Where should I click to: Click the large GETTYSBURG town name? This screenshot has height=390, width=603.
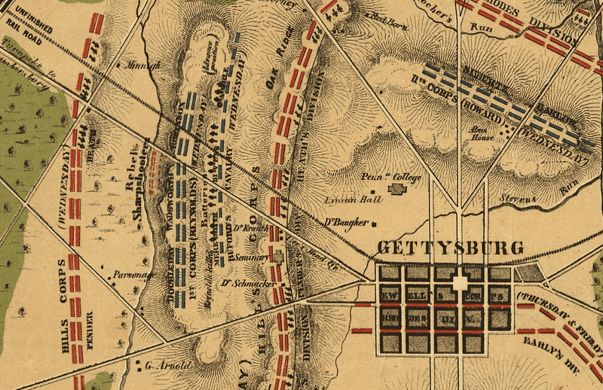click(450, 248)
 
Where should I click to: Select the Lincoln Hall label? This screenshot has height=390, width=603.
click(344, 201)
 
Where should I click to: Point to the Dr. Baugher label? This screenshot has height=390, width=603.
click(347, 223)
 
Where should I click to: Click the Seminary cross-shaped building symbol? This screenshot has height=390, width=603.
click(279, 257)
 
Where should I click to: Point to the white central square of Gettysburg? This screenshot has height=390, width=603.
click(460, 283)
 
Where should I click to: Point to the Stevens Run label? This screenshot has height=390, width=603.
click(539, 191)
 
